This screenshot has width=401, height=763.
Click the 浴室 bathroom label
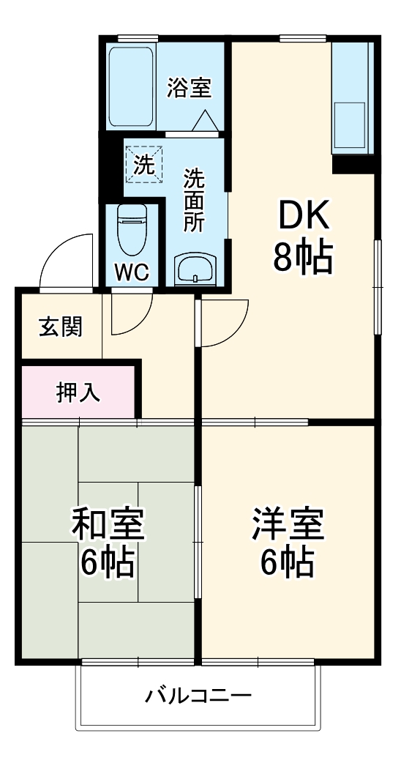point(189,88)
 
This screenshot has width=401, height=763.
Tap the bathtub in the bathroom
point(132,87)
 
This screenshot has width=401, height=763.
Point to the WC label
point(132,272)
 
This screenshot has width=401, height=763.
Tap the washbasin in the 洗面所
point(195,269)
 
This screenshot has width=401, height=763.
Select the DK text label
point(302,217)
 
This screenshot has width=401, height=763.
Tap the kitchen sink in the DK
point(350,116)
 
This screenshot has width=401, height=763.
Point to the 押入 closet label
point(78,392)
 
